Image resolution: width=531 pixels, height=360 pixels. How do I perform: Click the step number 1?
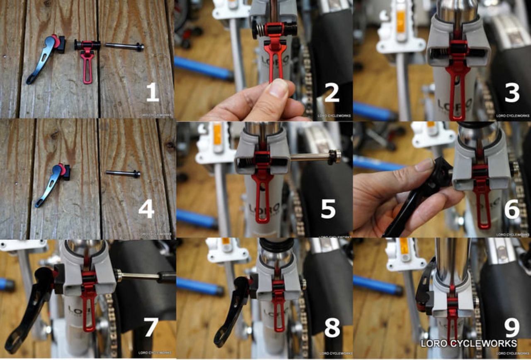(x=152, y=93)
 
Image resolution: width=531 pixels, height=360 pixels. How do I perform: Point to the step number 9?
(x=512, y=328)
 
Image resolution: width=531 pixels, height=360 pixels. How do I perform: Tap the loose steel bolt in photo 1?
(x=124, y=46)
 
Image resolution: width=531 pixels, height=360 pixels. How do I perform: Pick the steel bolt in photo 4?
(x=123, y=173)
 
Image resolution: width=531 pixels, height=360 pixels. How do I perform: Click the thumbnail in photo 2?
(x=279, y=88)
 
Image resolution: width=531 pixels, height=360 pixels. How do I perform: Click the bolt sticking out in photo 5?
(x=315, y=157)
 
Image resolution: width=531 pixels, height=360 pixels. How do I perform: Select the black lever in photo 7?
(x=31, y=307)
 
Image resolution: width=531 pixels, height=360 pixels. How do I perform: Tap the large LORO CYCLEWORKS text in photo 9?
(x=469, y=343)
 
